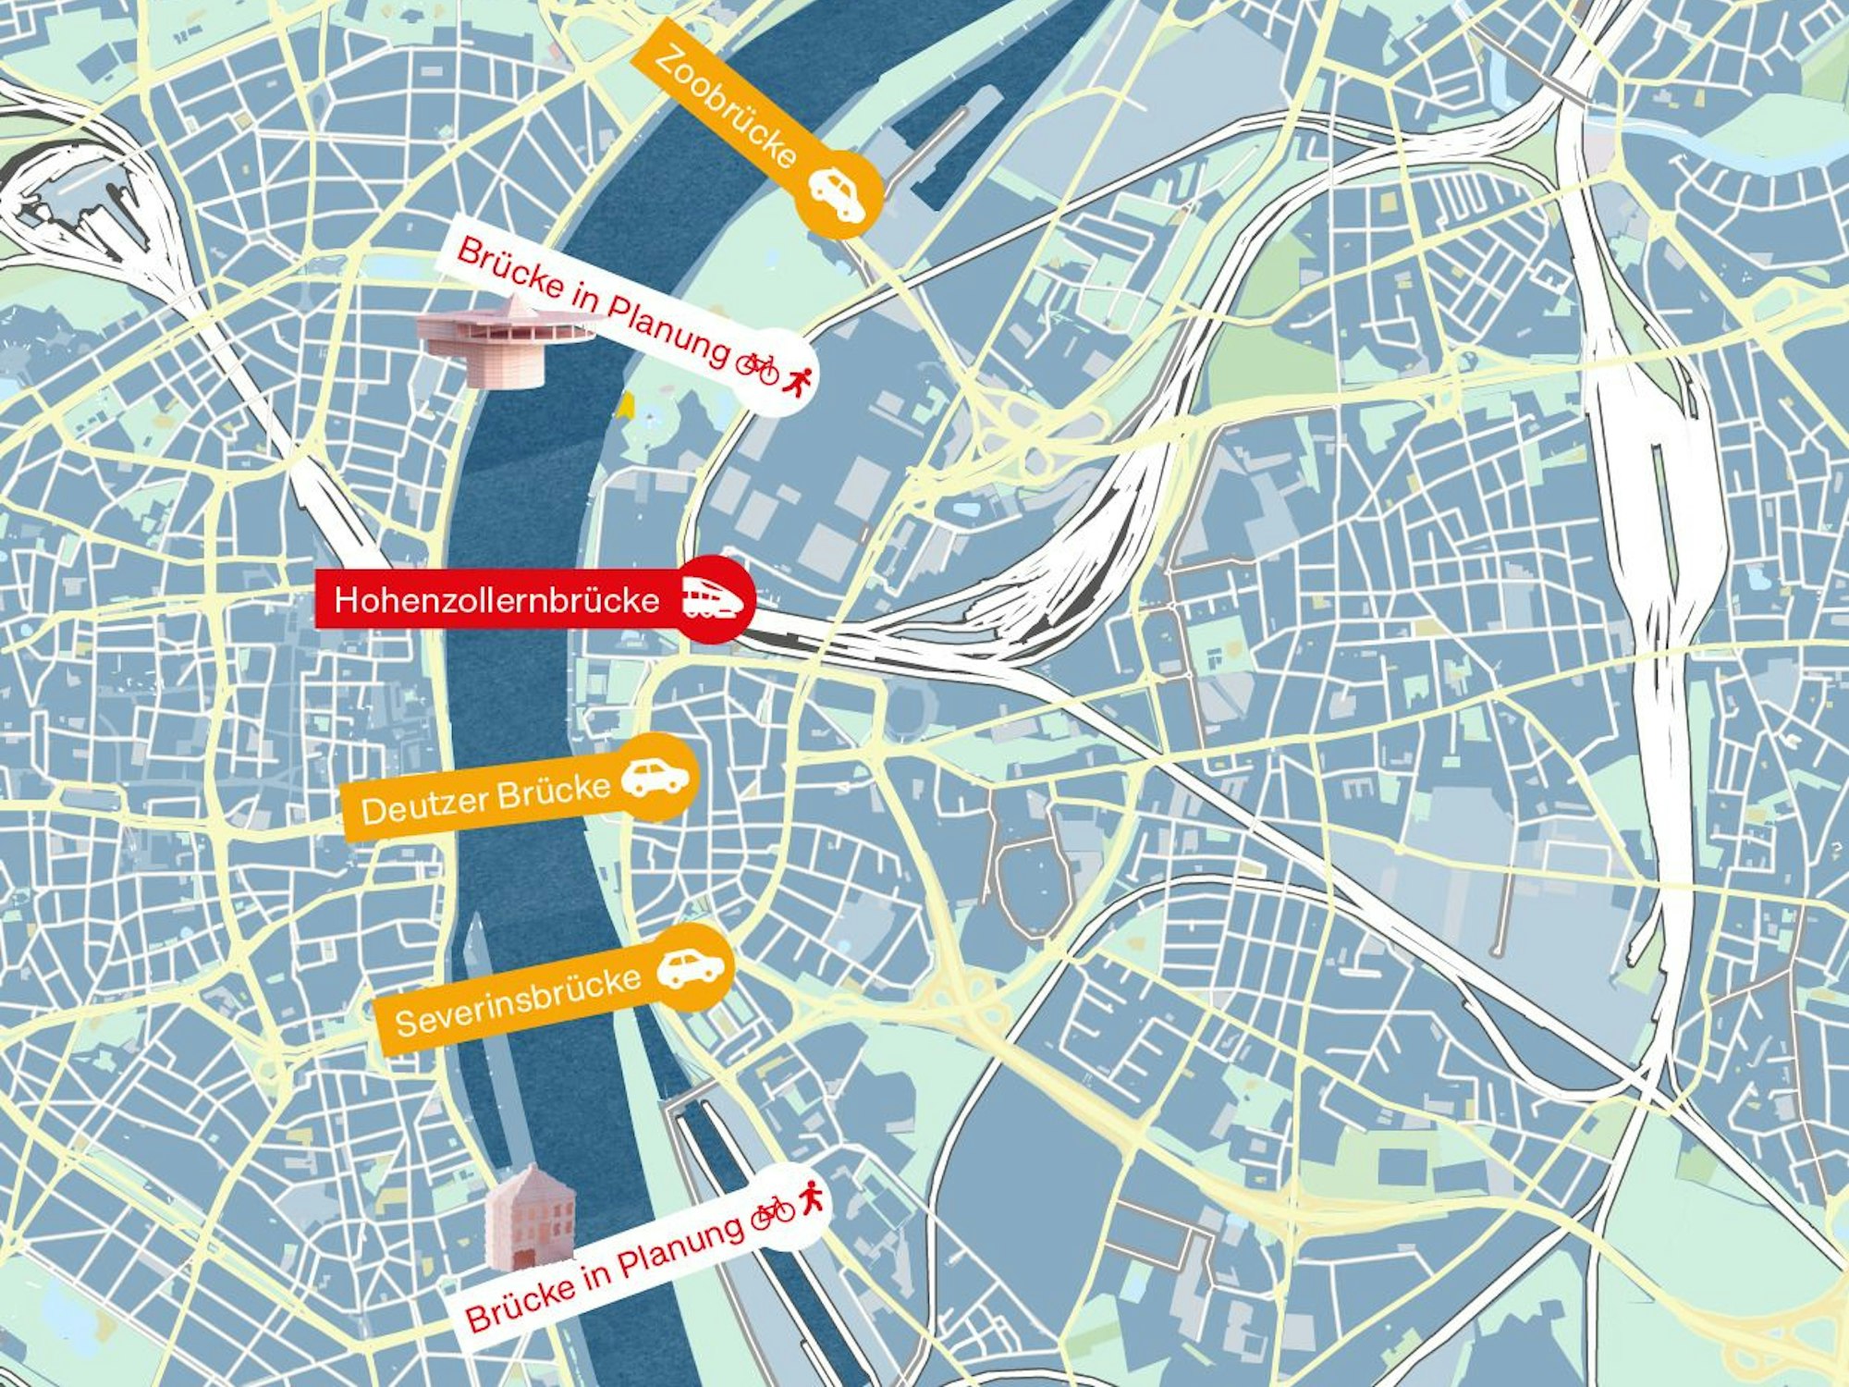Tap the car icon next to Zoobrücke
[838, 193]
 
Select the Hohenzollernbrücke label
[496, 600]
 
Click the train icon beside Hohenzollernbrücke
[714, 598]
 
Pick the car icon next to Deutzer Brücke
[655, 777]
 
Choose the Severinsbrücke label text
[518, 1001]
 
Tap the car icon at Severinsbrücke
[691, 967]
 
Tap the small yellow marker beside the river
[627, 405]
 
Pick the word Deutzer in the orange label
[418, 808]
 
